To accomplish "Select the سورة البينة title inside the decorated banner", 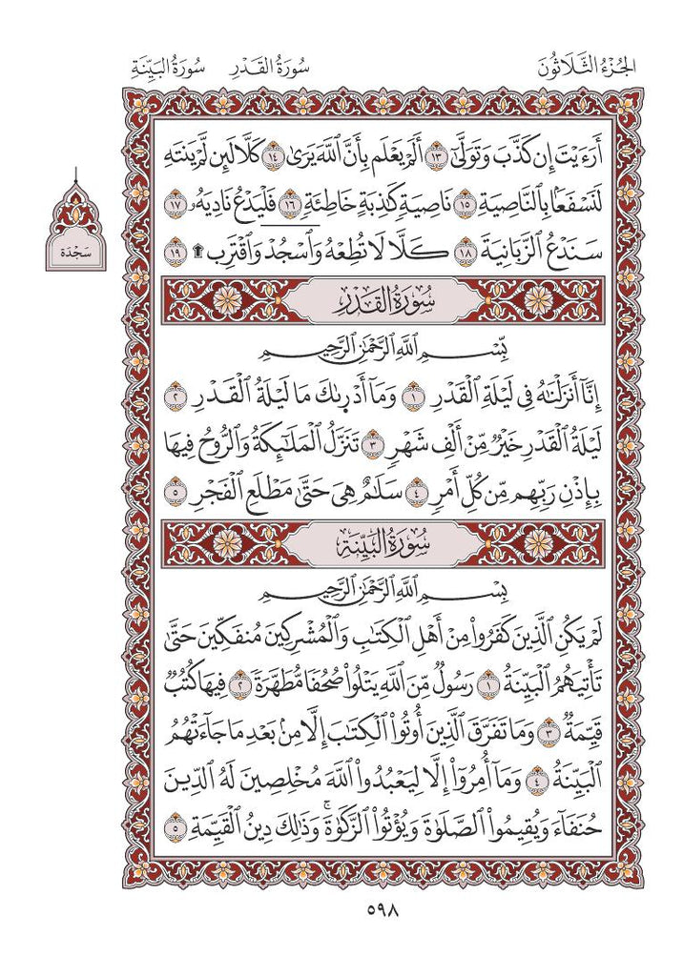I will [x=341, y=545].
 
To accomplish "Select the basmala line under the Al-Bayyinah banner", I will [x=341, y=593].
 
